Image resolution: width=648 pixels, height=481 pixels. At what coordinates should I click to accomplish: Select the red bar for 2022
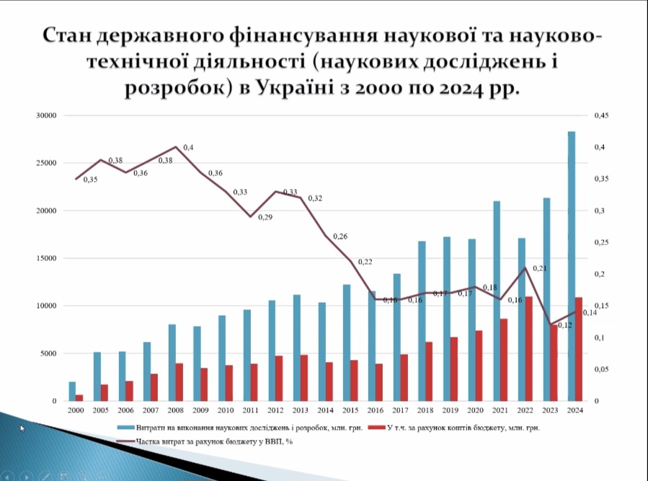point(528,348)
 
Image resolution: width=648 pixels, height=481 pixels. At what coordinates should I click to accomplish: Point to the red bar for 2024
point(578,348)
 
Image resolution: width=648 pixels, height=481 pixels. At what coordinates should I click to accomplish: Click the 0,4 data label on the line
point(188,148)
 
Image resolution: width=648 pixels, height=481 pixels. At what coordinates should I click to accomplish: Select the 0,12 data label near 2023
point(564,325)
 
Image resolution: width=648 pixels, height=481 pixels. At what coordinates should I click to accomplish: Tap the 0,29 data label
point(265,217)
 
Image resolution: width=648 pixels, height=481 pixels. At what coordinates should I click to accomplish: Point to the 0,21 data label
point(540,268)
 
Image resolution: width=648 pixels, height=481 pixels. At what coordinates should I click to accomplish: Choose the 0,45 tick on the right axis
point(600,115)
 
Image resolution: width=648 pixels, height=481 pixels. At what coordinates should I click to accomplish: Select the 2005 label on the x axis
point(101,410)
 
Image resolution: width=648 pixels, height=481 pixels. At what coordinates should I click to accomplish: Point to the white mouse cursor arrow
point(22,428)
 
